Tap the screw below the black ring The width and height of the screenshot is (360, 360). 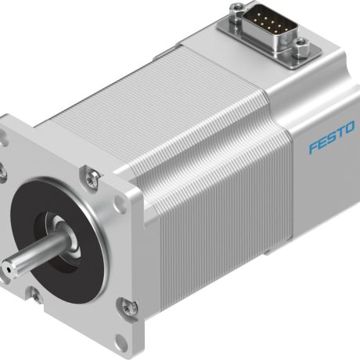coord(38,295)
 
